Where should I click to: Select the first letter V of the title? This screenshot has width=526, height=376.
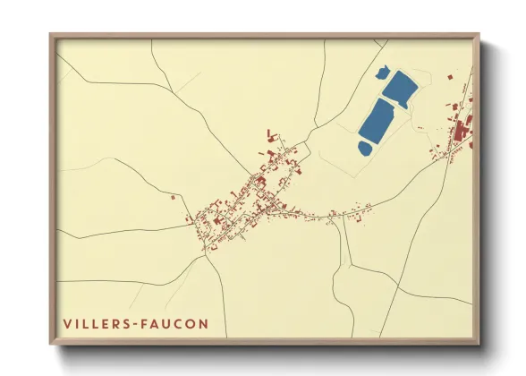[67, 322]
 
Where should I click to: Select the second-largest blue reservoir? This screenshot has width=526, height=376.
[400, 88]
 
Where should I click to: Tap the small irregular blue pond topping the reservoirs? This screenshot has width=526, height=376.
[382, 71]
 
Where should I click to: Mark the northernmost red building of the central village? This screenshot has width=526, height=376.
[270, 133]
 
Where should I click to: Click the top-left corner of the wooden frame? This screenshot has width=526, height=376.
[50, 35]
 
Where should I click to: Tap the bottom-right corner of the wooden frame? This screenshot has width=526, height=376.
[480, 344]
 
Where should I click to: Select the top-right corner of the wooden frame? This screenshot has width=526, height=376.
[479, 35]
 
